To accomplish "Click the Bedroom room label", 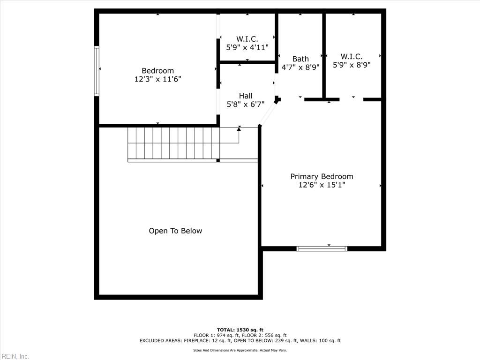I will [157, 71].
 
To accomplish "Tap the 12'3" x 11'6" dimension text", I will [157, 79].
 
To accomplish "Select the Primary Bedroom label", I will [322, 176].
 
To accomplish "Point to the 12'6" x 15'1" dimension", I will [322, 185].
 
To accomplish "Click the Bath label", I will [300, 59].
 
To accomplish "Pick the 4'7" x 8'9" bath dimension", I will [300, 67].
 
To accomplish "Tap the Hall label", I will [246, 96].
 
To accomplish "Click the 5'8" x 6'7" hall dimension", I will [246, 104].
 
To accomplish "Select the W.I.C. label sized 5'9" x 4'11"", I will [247, 39].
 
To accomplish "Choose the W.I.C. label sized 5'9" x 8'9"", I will [352, 57].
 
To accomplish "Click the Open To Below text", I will [175, 231].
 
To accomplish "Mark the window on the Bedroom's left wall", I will [97, 71].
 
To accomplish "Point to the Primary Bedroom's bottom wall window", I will [322, 248].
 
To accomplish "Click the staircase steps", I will [173, 143].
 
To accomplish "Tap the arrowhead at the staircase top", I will [239, 128].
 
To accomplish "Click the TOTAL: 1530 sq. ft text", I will [240, 330].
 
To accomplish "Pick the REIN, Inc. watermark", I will [15, 356].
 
